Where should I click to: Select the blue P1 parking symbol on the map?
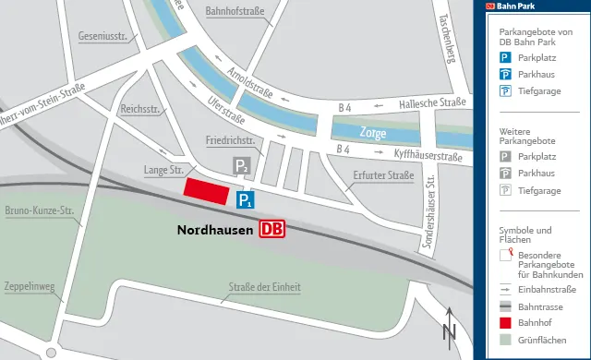coord(246,199)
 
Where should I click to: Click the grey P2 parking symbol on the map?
coord(240,167)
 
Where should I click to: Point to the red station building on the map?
coord(207,191)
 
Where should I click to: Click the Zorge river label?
coord(374,131)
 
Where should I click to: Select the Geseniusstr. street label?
coord(103,38)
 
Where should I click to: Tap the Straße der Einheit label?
coord(265,287)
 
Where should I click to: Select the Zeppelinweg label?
coord(29,286)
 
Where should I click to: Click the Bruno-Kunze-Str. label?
coord(39,211)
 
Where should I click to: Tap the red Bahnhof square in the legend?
coord(505,324)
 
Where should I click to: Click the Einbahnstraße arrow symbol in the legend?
coord(505,289)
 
